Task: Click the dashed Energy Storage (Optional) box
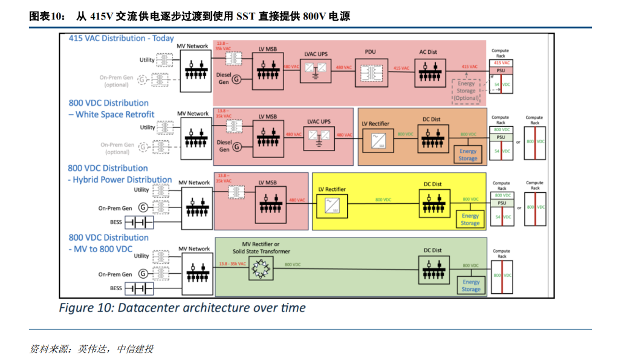[x=466, y=91]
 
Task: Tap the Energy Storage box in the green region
[x=471, y=286]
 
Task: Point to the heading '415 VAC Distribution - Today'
[x=121, y=38]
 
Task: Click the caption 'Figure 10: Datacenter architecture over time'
[x=182, y=307]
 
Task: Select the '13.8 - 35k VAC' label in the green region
[x=231, y=264]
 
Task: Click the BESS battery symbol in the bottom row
[x=139, y=288]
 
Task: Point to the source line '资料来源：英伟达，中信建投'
[x=91, y=349]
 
